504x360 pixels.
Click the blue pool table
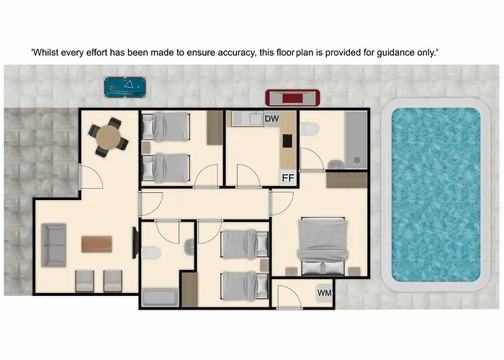125,86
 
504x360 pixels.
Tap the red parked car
292,98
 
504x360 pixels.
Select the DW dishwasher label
271,119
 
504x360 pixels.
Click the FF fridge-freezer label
288,178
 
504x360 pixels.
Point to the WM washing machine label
324,293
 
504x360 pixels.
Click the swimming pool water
436,195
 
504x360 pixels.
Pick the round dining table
108,138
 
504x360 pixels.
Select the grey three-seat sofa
54,246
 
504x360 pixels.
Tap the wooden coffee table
96,244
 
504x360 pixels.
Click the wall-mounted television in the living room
135,243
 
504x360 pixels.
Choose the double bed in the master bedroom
323,246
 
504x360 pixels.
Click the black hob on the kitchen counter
287,141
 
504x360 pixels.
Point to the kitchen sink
256,119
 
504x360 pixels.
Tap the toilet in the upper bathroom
309,129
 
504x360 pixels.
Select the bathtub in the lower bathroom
160,297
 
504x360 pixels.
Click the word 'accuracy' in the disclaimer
236,53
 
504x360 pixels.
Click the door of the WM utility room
289,297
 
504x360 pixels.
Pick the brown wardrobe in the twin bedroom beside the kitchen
215,127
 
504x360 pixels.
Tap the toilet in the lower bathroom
150,253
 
